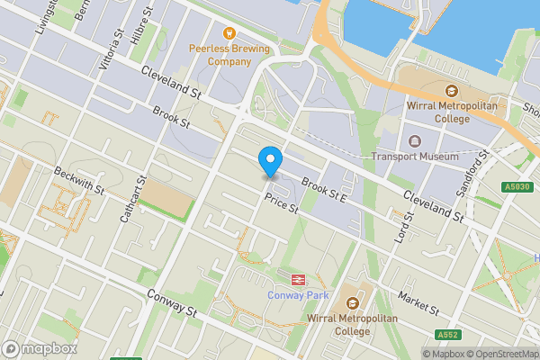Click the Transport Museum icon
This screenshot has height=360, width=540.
(x=415, y=141)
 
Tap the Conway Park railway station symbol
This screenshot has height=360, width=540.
(x=298, y=278)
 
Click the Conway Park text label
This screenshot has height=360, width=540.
(x=298, y=295)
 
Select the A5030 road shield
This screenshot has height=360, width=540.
(x=515, y=186)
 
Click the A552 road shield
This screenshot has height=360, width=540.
(x=448, y=335)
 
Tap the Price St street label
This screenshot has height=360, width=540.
(x=281, y=206)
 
